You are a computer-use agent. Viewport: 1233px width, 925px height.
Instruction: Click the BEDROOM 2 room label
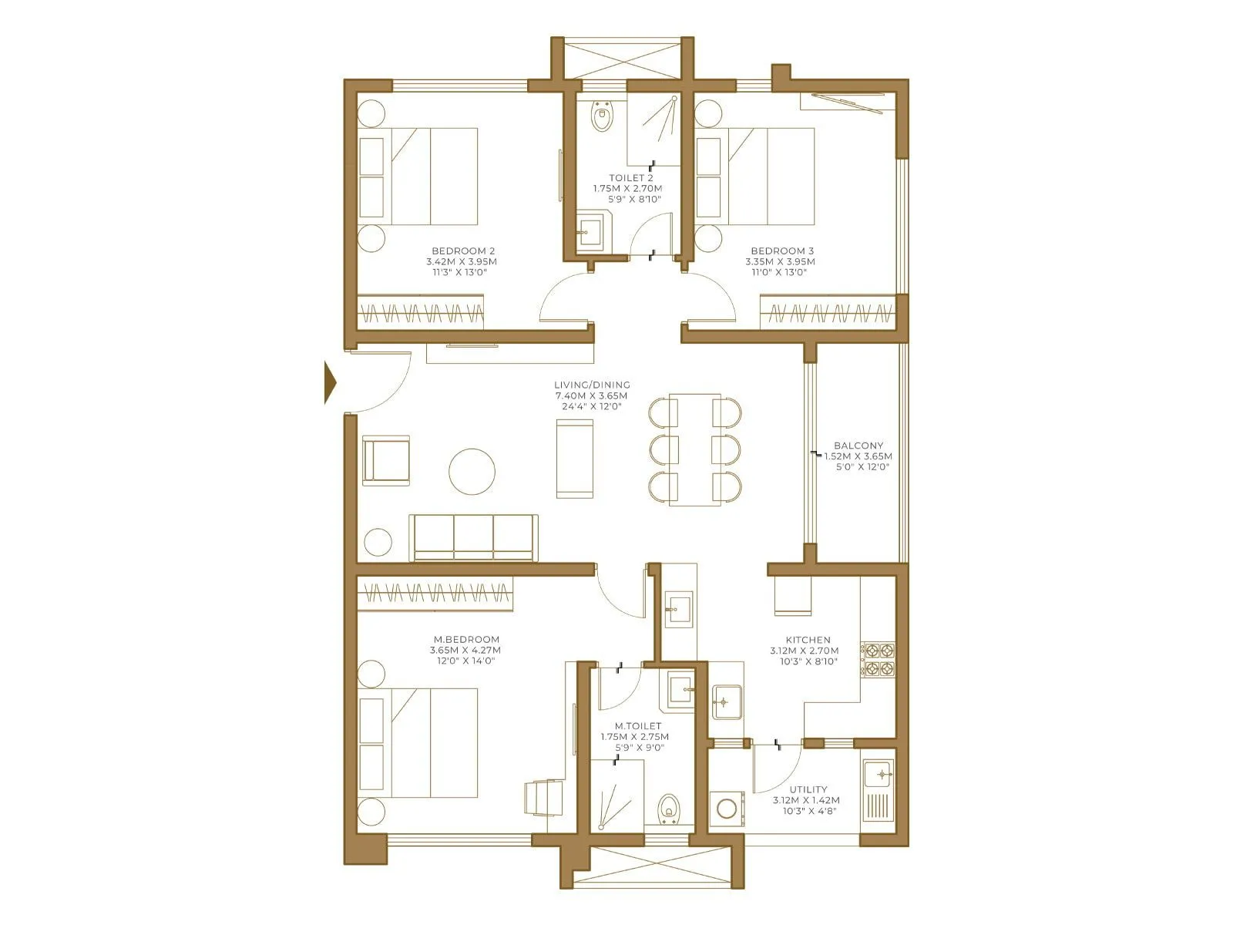(x=462, y=251)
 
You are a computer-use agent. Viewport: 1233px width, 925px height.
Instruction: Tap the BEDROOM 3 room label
(x=781, y=251)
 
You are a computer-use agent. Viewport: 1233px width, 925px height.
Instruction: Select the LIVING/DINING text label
(x=592, y=385)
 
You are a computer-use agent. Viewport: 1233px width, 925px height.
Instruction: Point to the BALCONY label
(x=858, y=446)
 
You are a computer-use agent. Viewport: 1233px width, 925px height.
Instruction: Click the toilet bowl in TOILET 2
(x=602, y=118)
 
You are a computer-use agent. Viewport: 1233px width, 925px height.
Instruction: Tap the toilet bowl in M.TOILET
(x=670, y=810)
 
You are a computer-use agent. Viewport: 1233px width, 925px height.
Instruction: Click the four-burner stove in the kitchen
(x=879, y=659)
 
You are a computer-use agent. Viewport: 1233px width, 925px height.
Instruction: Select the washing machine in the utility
(x=727, y=809)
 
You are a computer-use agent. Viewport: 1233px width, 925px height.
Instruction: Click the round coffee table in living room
(x=472, y=471)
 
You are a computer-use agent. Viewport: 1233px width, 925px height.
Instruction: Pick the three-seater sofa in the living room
(x=473, y=536)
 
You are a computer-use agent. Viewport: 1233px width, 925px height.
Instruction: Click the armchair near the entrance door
(x=385, y=460)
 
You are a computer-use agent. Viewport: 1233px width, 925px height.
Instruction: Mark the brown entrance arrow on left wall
(x=331, y=382)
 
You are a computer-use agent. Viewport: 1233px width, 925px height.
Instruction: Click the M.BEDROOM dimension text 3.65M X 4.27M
(x=465, y=650)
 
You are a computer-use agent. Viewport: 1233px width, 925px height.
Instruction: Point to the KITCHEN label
(x=808, y=640)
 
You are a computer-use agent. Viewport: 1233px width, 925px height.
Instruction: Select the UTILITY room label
(x=808, y=789)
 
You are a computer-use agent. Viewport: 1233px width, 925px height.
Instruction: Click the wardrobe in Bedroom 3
(x=828, y=313)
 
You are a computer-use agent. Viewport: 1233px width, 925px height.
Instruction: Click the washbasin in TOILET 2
(x=592, y=231)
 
